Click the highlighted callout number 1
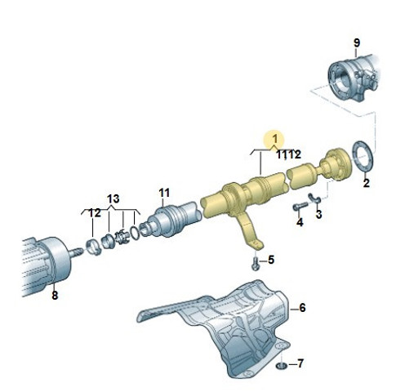pyautogui.click(x=275, y=139)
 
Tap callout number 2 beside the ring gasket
pyautogui.click(x=366, y=183)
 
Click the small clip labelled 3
pyautogui.click(x=314, y=198)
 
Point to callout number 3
pyautogui.click(x=318, y=214)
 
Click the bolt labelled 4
pyautogui.click(x=300, y=207)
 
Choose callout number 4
pyautogui.click(x=300, y=222)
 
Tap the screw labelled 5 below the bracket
pyautogui.click(x=255, y=264)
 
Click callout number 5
pyautogui.click(x=271, y=260)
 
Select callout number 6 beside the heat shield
pyautogui.click(x=302, y=308)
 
